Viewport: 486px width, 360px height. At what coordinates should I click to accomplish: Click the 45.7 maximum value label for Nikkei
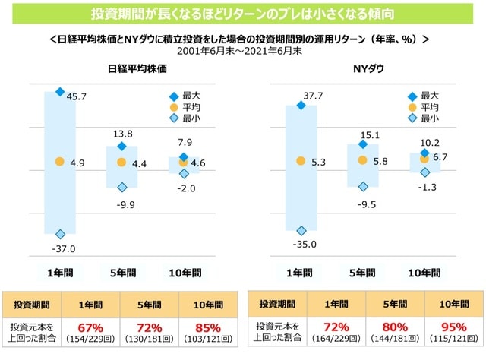(77, 97)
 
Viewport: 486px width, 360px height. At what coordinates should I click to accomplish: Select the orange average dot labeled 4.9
(60, 162)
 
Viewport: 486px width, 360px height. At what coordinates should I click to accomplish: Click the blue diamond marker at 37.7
(301, 105)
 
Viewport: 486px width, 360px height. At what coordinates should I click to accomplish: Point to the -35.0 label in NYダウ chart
(304, 245)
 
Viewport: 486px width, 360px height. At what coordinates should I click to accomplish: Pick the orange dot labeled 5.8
(362, 160)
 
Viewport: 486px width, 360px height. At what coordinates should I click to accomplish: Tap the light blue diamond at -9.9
(121, 187)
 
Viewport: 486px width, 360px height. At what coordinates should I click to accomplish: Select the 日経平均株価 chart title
(137, 68)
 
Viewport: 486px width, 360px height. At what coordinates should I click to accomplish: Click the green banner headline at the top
(242, 14)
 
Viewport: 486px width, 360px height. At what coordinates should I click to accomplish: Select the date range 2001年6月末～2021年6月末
(242, 50)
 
